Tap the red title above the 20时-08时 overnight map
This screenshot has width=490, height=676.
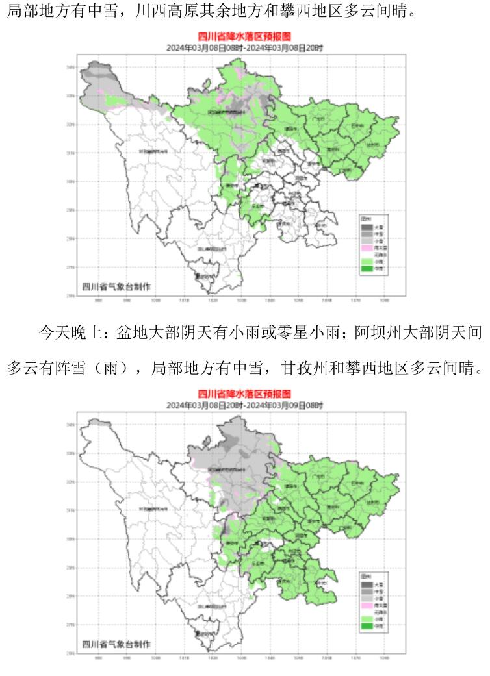point(244,394)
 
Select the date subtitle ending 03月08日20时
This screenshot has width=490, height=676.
point(244,47)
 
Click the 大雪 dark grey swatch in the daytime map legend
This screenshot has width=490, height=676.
point(367,227)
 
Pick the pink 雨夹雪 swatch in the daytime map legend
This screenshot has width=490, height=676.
point(367,247)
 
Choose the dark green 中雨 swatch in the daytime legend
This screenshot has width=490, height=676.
point(367,268)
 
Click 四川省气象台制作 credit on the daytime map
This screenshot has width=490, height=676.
point(116,286)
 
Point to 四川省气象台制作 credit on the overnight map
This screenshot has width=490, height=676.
point(116,643)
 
